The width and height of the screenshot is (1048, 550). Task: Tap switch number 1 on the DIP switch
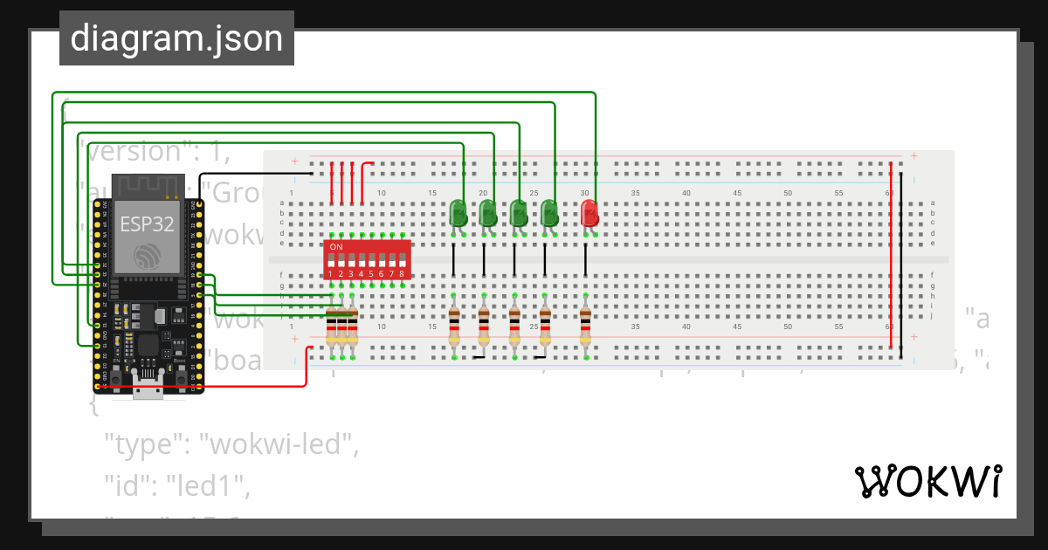click(x=331, y=261)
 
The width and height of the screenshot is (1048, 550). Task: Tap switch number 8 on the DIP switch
click(x=402, y=261)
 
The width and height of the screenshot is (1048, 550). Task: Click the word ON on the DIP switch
click(x=335, y=246)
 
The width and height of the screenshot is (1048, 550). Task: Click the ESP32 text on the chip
click(x=147, y=223)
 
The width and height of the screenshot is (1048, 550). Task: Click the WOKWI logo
click(x=927, y=481)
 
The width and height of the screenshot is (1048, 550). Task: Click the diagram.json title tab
click(x=176, y=38)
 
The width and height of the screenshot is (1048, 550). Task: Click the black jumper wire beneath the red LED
click(x=585, y=259)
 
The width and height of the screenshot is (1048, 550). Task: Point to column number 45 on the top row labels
click(x=737, y=193)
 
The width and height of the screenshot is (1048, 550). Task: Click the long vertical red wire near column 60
click(x=891, y=253)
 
